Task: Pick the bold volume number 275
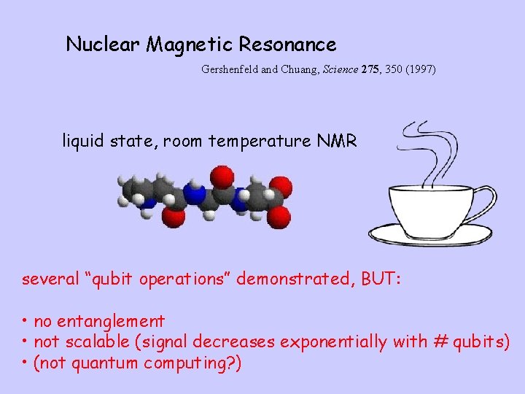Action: [x=371, y=70]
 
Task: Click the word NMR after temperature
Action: [x=337, y=141]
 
